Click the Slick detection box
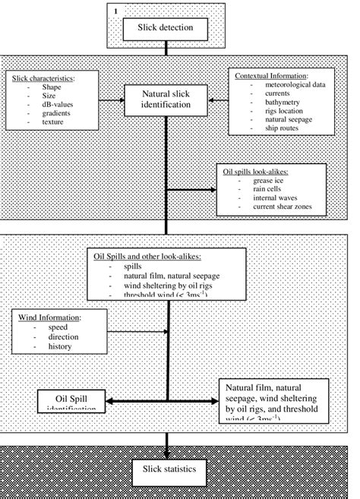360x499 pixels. pyautogui.click(x=166, y=29)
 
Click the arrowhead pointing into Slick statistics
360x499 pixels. pyautogui.click(x=166, y=450)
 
